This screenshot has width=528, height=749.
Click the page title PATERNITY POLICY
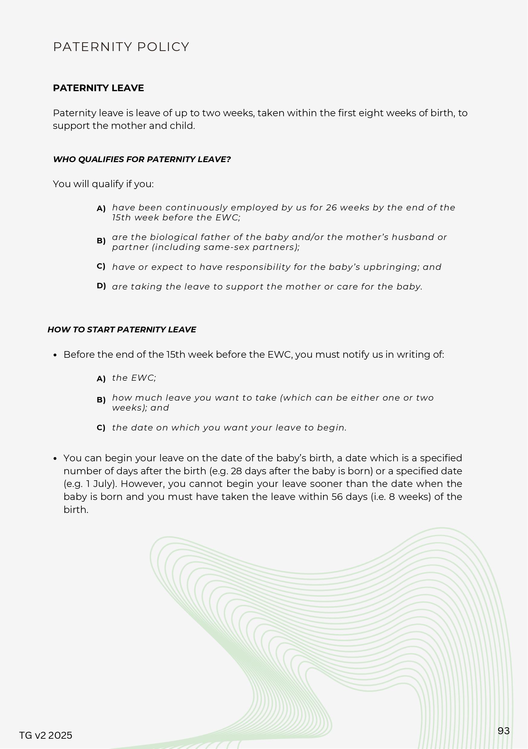tap(121, 47)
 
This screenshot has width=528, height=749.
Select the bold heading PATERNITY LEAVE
tap(98, 88)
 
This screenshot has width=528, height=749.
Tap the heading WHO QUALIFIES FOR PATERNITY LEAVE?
tap(142, 159)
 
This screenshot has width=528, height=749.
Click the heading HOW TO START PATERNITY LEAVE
tap(122, 330)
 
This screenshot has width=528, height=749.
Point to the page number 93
tap(504, 731)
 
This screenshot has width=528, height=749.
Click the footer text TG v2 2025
tap(46, 735)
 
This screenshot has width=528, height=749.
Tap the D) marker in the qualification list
tap(101, 286)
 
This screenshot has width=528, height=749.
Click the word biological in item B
tap(169, 237)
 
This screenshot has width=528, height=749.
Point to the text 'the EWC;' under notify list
tap(134, 378)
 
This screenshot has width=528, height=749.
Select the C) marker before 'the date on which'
tap(101, 428)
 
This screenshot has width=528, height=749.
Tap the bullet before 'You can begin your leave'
tap(55, 459)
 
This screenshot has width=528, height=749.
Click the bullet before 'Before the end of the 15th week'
tap(55, 355)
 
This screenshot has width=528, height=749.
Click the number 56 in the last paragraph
tap(337, 497)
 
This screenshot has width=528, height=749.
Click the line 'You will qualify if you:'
tap(103, 184)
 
